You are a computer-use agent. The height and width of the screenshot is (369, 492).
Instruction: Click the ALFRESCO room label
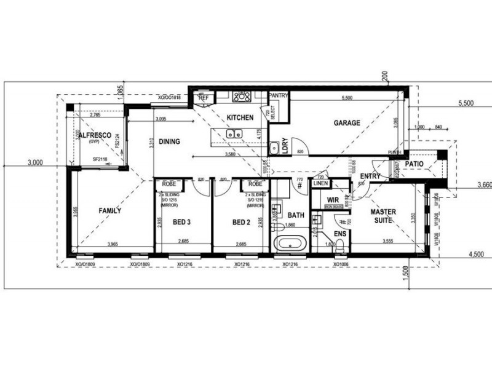pos(94,135)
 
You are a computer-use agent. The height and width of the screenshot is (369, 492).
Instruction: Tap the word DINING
pos(169,141)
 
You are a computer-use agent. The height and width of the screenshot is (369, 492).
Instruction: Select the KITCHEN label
pos(240,117)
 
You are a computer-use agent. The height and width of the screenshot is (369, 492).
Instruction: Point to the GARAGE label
pos(347,123)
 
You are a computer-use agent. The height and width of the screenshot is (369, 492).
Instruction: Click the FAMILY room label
pos(110,210)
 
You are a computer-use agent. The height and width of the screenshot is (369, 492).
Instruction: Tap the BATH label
pos(296,215)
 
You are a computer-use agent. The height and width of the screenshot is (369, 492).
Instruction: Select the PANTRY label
pos(279,95)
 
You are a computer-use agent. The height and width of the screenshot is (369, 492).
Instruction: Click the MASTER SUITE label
pos(383,216)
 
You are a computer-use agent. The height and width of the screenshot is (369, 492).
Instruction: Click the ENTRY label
pos(370,177)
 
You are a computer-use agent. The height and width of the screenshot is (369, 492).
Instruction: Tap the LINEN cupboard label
pos(320,183)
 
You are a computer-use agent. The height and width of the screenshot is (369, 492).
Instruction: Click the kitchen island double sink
pos(234,133)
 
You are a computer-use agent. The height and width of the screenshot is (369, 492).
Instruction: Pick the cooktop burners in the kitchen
pos(242,96)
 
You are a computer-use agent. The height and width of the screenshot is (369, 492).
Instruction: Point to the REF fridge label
pos(203,97)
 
